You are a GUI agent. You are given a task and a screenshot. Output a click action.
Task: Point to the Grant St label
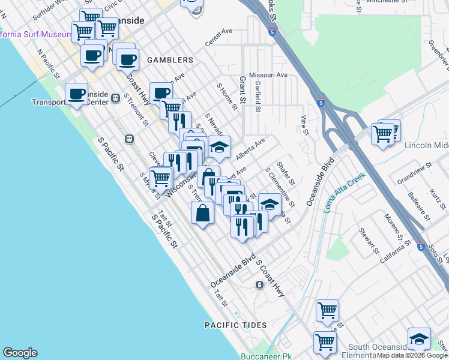point(243,90)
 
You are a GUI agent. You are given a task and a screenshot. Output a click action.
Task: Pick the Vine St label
point(304,125)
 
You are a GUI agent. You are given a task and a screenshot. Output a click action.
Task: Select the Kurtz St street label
point(435,198)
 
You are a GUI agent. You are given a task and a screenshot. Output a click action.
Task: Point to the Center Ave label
point(218,37)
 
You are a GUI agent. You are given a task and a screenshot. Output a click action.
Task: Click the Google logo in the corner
point(20,353)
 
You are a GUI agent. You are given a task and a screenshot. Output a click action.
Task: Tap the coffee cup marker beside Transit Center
point(76,94)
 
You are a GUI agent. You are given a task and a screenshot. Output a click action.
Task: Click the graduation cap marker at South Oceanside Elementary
point(419,338)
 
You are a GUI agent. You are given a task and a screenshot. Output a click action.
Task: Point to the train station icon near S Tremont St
point(128,139)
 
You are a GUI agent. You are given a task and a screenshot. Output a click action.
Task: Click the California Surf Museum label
point(36,34)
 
